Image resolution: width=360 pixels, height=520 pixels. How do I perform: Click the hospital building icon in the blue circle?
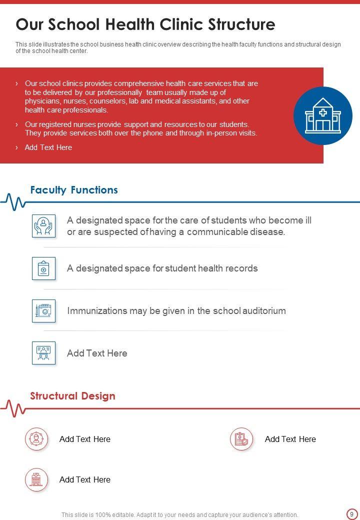tap(322, 115)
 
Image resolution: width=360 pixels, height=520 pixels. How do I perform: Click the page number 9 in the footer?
tap(351, 514)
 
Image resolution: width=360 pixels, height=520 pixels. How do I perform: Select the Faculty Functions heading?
tap(74, 190)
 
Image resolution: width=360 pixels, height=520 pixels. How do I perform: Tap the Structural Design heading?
tap(72, 396)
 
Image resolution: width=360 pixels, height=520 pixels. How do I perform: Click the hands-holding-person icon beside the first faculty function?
tap(43, 225)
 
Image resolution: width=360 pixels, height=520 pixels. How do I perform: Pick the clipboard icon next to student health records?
tap(43, 268)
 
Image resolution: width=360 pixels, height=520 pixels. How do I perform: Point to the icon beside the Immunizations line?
tap(43, 310)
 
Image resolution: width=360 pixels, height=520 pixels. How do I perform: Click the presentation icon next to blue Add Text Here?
tap(43, 353)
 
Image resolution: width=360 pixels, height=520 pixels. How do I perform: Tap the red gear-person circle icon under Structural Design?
tap(36, 439)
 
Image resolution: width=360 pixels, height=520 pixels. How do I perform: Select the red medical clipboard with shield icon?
tap(242, 439)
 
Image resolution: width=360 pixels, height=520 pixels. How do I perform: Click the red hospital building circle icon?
tap(36, 479)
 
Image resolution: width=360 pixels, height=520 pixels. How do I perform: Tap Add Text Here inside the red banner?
tap(48, 147)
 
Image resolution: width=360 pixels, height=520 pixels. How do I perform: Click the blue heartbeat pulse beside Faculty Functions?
tap(13, 202)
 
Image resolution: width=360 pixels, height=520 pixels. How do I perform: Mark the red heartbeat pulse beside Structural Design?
tap(13, 408)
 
